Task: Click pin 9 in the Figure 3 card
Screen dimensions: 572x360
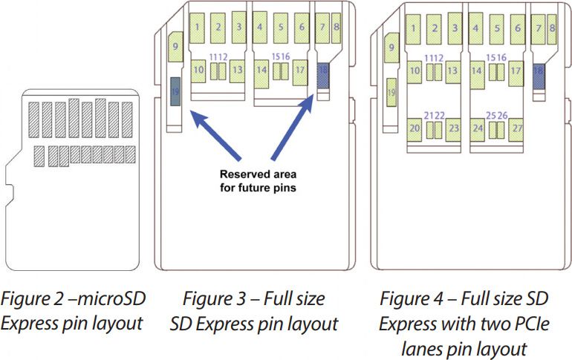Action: click(x=175, y=47)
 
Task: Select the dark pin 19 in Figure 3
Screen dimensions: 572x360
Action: click(x=175, y=91)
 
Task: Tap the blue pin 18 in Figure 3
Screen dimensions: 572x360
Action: click(x=323, y=76)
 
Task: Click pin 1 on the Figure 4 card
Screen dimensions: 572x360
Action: click(x=412, y=29)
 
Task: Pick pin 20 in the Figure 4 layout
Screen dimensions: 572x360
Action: click(x=415, y=129)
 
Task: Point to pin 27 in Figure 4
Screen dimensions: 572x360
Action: click(x=516, y=129)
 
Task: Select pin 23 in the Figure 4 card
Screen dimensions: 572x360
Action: click(x=453, y=129)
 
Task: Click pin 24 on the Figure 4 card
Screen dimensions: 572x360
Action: click(x=478, y=129)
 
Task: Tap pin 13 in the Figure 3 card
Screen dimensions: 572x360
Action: click(x=237, y=71)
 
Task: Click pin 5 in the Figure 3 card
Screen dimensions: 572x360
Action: click(x=281, y=27)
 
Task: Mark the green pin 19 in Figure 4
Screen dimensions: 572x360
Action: click(x=391, y=93)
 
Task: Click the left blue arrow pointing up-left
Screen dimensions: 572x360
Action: click(x=215, y=136)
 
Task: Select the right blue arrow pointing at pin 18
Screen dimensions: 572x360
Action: click(x=293, y=127)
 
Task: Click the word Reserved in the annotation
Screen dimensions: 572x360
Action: click(x=245, y=174)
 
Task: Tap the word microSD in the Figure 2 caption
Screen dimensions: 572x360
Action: click(x=111, y=298)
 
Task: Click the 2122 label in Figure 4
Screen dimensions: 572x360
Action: click(x=434, y=116)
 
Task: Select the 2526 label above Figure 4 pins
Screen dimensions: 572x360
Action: click(x=497, y=116)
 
